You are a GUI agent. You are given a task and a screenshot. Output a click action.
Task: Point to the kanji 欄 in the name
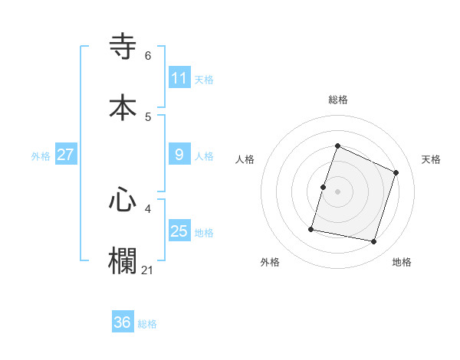click(123, 260)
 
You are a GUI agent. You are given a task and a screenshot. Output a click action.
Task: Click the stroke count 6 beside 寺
click(148, 56)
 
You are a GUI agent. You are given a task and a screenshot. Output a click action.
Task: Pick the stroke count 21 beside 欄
click(148, 270)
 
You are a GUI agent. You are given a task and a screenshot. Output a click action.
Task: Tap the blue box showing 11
click(179, 78)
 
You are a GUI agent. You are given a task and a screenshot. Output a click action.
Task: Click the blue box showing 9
click(179, 155)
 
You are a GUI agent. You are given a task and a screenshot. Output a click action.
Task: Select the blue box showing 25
click(179, 231)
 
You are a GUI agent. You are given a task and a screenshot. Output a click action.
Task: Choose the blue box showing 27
click(66, 155)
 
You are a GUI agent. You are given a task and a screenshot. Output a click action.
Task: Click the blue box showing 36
click(123, 322)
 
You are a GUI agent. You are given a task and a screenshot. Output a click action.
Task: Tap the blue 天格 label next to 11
click(204, 79)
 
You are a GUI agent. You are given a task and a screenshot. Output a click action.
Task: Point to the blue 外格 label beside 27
click(41, 155)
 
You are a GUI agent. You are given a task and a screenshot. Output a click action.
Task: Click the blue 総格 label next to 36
click(147, 324)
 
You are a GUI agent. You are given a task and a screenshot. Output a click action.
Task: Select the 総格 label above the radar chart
click(338, 100)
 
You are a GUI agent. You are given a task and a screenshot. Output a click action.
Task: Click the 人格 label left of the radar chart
click(245, 159)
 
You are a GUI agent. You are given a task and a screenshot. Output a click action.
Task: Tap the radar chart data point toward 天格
click(396, 172)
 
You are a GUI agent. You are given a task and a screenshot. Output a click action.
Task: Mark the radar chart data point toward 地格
click(374, 242)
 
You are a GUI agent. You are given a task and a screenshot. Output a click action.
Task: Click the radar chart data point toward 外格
click(312, 229)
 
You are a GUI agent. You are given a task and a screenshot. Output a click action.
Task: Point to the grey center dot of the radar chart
click(338, 191)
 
